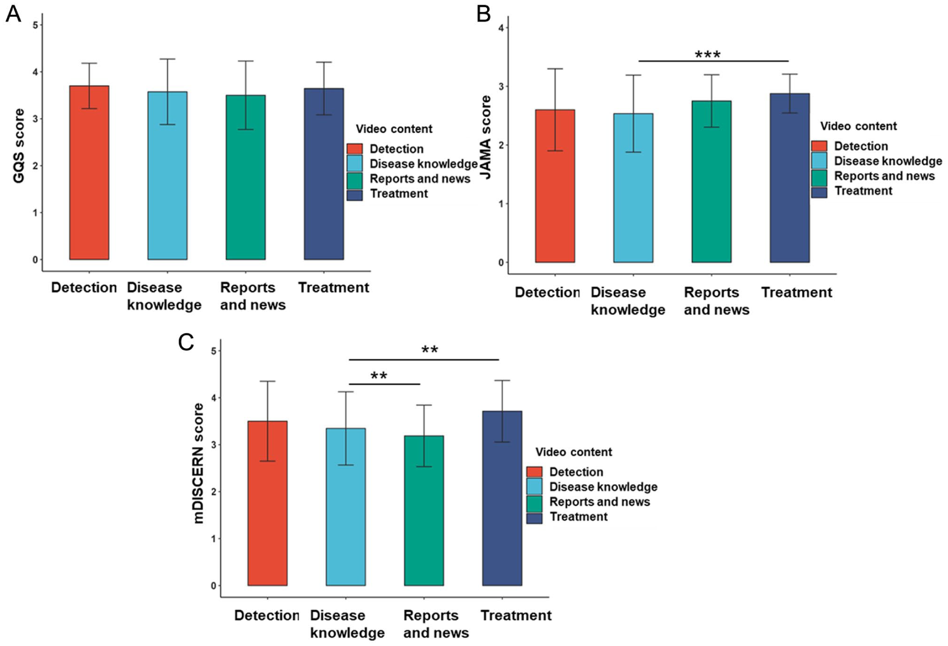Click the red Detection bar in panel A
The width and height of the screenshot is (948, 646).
tap(89, 172)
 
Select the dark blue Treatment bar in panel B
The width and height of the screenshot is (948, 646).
tap(790, 178)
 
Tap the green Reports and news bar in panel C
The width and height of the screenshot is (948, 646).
tap(424, 511)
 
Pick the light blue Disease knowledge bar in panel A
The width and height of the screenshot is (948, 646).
tap(167, 175)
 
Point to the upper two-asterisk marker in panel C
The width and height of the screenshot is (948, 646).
tap(430, 350)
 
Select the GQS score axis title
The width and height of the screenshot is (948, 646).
tap(19, 146)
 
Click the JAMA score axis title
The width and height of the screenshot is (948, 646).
tap(486, 138)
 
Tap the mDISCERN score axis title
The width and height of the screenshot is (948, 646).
tap(199, 463)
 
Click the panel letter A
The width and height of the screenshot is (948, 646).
tap(13, 14)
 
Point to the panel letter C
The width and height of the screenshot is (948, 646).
tap(186, 342)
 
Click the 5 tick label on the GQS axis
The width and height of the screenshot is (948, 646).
tap(35, 25)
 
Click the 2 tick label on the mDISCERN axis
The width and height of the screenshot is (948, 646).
tap(214, 492)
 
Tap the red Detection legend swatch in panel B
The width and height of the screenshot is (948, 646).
tap(819, 146)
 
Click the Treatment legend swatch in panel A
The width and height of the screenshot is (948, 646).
tap(355, 194)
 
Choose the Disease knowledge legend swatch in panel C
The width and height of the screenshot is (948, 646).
tap(534, 487)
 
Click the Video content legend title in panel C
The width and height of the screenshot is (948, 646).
tap(574, 452)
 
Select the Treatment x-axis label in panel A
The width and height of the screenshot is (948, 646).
tap(333, 287)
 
